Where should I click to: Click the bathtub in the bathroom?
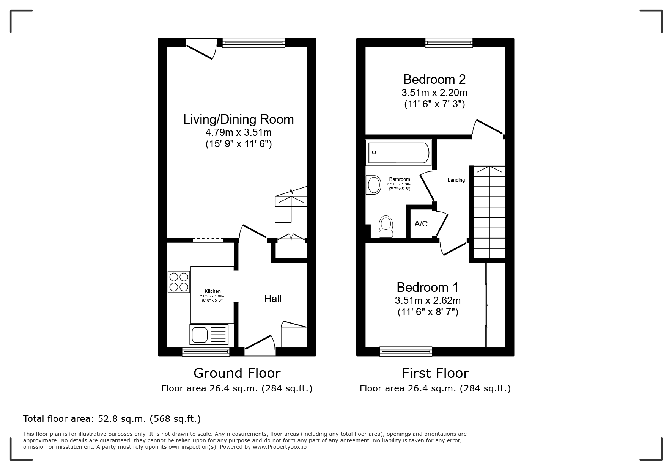tap(398, 152)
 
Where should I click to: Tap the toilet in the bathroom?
tap(386, 226)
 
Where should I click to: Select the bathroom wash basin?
tap(373, 185)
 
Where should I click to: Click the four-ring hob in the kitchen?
tap(179, 282)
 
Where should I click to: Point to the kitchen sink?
tap(209, 335)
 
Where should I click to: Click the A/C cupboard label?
tap(421, 224)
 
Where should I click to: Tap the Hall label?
tap(273, 299)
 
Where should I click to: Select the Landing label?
tap(456, 180)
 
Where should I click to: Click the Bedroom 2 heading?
tap(434, 79)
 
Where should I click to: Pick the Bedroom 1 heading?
tap(428, 287)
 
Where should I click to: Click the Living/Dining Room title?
tap(238, 119)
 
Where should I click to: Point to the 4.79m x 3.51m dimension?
tap(238, 133)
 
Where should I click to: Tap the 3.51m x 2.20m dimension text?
tap(434, 93)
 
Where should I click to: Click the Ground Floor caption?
tap(237, 373)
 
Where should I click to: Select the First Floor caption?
tap(435, 373)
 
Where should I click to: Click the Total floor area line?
tap(112, 419)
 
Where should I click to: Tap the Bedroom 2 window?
tap(449, 43)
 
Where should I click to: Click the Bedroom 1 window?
tap(406, 352)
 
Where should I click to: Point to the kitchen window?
tap(206, 352)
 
